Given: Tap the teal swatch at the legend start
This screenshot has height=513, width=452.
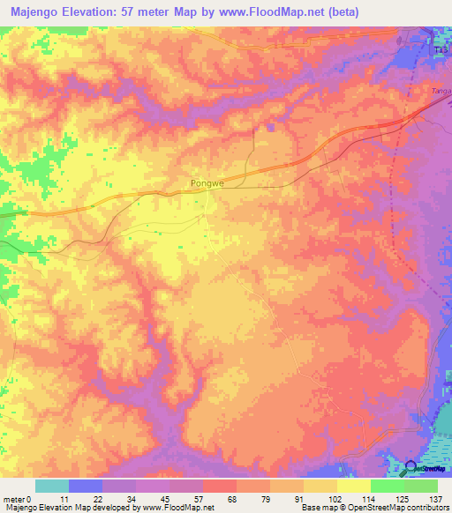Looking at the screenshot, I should (x=52, y=486).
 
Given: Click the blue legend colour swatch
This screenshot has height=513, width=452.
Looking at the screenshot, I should (x=86, y=486).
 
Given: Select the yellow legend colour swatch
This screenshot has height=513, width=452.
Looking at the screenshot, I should (x=353, y=486).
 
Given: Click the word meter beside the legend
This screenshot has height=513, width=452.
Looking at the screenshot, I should (x=14, y=497).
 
